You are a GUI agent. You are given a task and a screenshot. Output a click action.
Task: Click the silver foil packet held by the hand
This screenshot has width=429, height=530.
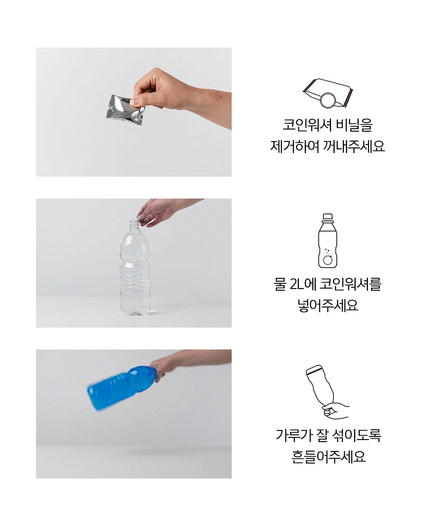point(124,110)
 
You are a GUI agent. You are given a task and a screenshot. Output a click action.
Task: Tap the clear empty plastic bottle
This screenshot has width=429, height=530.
point(135,268)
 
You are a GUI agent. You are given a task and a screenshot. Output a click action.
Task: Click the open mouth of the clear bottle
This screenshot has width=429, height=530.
point(134,221)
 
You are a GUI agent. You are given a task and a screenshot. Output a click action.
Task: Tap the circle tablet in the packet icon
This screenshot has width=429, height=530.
point(328,100)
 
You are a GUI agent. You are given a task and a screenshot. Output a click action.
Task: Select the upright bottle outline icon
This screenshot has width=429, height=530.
point(328,241)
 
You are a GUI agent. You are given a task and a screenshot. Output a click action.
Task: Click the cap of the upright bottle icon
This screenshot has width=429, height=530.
point(328,216)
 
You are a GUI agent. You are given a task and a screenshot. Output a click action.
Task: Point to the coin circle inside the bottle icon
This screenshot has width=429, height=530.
point(328,260)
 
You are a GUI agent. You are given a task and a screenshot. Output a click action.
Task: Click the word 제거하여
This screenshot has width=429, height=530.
point(295,146)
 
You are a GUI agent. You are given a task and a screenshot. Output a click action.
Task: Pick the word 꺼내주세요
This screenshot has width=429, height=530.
point(354,146)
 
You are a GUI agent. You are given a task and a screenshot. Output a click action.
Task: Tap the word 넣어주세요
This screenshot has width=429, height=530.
point(328,305)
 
